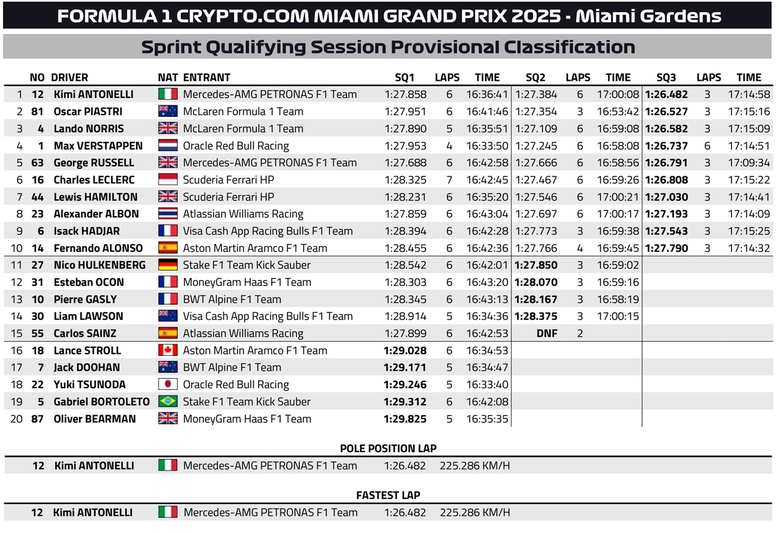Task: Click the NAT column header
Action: [x=167, y=77]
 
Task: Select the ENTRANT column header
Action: [x=206, y=77]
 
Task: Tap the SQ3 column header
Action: [x=666, y=77]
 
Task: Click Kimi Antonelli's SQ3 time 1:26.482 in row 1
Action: [x=666, y=94]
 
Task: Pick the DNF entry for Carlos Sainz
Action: [x=547, y=333]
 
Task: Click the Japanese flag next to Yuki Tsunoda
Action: [x=167, y=384]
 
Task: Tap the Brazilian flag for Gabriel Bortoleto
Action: [x=167, y=401]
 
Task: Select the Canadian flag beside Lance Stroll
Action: [x=167, y=350]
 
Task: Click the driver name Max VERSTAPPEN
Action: [x=98, y=145]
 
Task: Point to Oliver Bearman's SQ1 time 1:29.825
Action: [x=405, y=419]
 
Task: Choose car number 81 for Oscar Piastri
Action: [x=37, y=111]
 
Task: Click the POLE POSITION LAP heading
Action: [x=388, y=448]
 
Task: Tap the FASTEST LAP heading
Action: [x=388, y=495]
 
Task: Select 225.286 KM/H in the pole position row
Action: [x=475, y=465]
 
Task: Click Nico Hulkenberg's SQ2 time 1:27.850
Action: [x=536, y=265]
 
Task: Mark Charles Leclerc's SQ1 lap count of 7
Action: [x=449, y=179]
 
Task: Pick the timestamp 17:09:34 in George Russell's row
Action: [x=749, y=162]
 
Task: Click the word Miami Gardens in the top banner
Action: [x=648, y=16]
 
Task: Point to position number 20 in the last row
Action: [x=16, y=419]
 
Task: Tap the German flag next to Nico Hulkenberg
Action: [x=167, y=265]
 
